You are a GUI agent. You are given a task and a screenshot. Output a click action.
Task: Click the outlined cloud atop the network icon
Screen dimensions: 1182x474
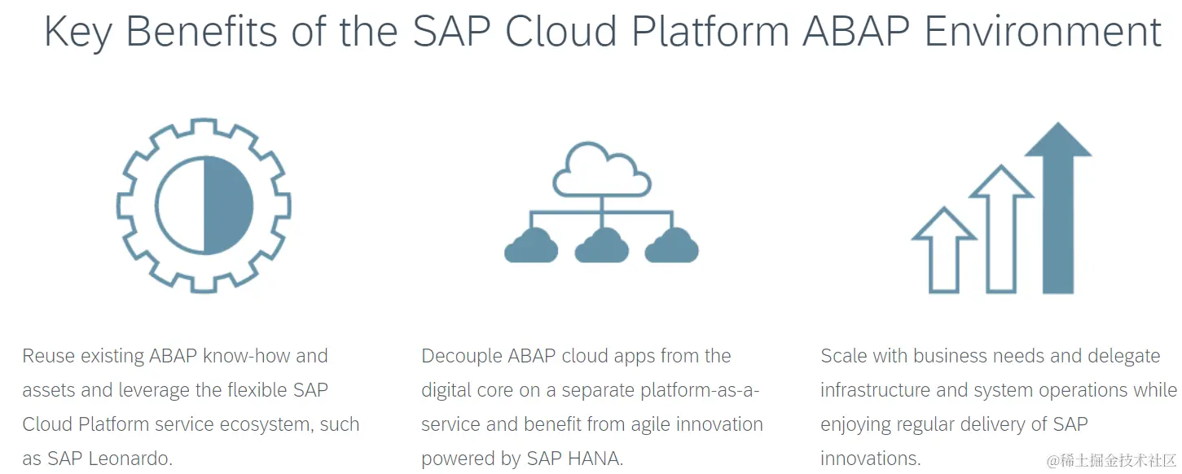(x=601, y=171)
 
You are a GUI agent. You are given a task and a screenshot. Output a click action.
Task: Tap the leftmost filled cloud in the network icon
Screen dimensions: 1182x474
(x=531, y=247)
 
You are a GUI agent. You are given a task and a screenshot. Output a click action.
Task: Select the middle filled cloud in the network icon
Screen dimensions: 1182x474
(x=601, y=247)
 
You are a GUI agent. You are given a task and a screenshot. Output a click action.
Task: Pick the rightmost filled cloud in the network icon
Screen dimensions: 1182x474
(x=671, y=247)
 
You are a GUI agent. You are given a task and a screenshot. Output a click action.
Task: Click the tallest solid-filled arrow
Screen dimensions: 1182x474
(x=1057, y=212)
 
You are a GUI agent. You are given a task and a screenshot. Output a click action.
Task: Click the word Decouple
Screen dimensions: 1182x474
(x=461, y=356)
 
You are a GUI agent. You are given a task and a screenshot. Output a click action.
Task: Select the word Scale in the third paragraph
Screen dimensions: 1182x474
(x=843, y=356)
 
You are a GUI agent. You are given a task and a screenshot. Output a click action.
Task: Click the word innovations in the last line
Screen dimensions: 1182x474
(x=870, y=459)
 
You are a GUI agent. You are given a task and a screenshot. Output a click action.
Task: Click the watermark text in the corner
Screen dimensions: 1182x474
(x=1112, y=461)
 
